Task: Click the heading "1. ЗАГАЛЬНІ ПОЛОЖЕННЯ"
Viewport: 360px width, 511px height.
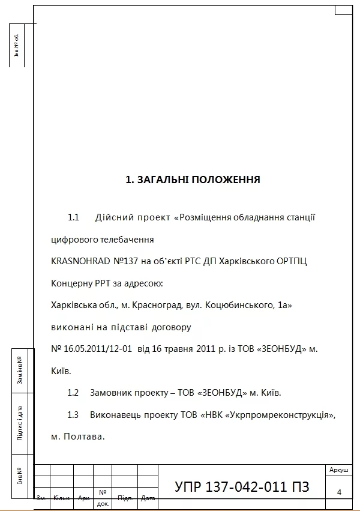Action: tap(193, 180)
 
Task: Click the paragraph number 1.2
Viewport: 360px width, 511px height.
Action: tap(73, 393)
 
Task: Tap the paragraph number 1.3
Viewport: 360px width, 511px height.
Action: tap(73, 415)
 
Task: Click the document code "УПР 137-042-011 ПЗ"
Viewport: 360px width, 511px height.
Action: tap(242, 487)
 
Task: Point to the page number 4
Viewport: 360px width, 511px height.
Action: tap(340, 492)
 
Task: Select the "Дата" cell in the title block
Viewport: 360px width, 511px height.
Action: tap(148, 498)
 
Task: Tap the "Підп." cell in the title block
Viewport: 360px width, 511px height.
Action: tap(125, 498)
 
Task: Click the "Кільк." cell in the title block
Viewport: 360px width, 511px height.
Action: tap(62, 498)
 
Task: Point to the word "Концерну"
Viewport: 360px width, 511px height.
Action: tap(72, 283)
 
